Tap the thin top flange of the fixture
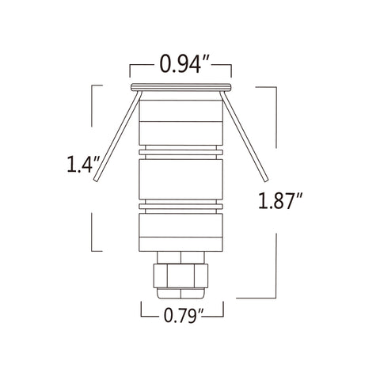click(x=181, y=86)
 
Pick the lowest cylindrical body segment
click(x=181, y=230)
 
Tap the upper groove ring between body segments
click(x=181, y=150)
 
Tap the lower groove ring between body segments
click(x=181, y=206)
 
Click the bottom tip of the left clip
click(x=96, y=183)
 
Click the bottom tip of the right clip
click(x=267, y=183)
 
